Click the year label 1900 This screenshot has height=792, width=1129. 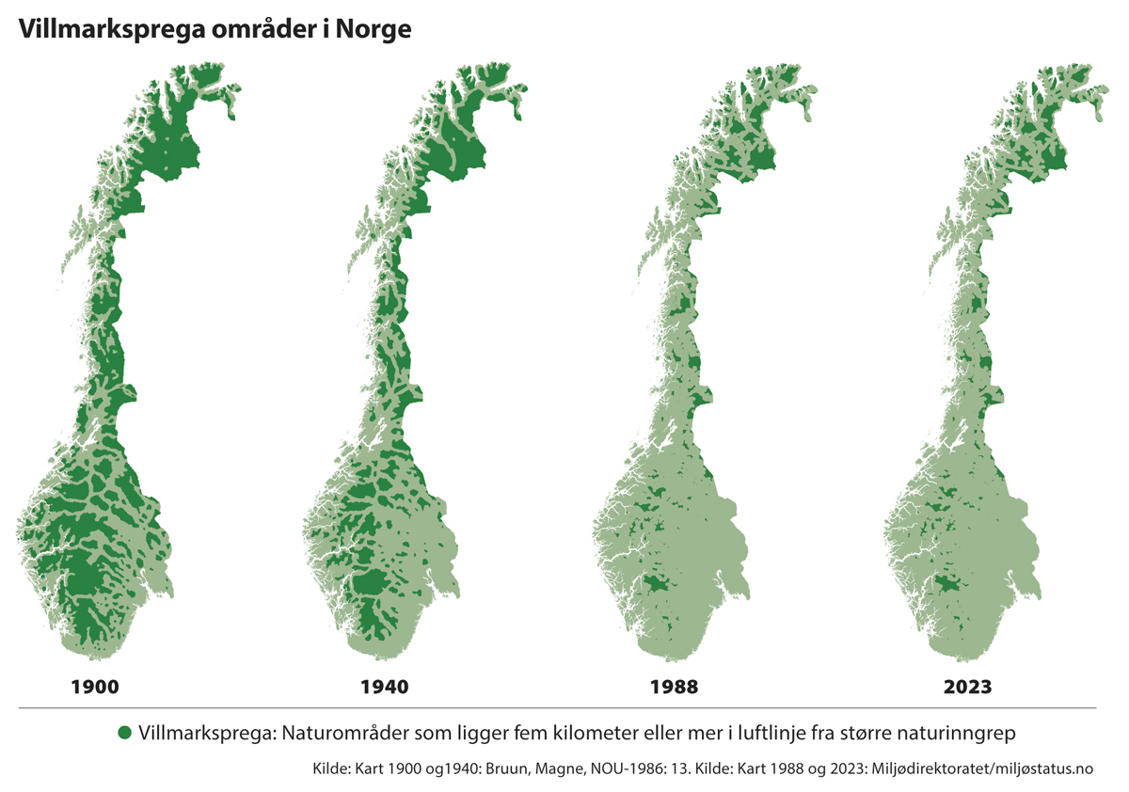95,687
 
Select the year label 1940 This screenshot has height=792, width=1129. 385,687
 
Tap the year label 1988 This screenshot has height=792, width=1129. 674,687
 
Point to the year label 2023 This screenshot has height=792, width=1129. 967,687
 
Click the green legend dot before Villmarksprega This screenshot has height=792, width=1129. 123,732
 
